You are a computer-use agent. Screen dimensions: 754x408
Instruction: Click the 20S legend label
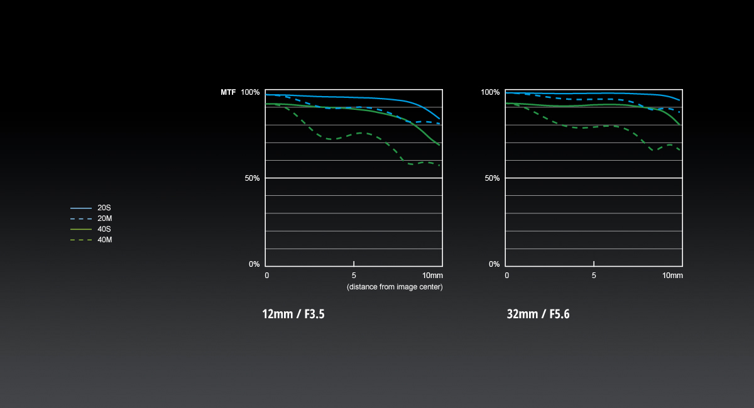[x=104, y=208]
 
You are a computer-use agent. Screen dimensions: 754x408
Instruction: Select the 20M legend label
[x=105, y=218]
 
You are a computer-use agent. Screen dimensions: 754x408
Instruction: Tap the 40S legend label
[x=104, y=229]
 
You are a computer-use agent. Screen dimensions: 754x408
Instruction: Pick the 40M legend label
[x=105, y=240]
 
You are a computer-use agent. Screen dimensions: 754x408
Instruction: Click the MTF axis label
[x=228, y=92]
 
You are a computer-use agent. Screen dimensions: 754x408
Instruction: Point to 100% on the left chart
[x=250, y=92]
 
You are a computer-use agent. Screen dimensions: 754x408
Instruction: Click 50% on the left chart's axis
[x=252, y=178]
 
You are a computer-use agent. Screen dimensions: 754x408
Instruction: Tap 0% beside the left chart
[x=254, y=264]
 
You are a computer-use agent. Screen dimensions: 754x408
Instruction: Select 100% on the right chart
[x=490, y=92]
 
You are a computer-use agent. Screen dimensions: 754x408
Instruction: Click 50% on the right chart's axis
[x=492, y=178]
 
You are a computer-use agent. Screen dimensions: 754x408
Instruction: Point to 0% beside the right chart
[x=494, y=264]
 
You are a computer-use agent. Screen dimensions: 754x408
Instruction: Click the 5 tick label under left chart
[x=354, y=276]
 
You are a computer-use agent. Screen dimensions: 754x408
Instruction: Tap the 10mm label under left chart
[x=432, y=276]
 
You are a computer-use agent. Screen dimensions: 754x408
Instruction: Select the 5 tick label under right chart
[x=594, y=276]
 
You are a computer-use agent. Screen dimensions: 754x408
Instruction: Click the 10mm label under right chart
[x=672, y=276]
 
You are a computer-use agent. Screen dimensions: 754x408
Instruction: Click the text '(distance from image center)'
[x=395, y=287]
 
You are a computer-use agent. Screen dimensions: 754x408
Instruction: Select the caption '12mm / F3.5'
[x=293, y=314]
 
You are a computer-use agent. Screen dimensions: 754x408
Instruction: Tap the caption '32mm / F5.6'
[x=538, y=314]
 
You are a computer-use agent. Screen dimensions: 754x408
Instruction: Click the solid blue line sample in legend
[x=81, y=208]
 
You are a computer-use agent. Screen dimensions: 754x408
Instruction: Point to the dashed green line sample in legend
[x=81, y=240]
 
